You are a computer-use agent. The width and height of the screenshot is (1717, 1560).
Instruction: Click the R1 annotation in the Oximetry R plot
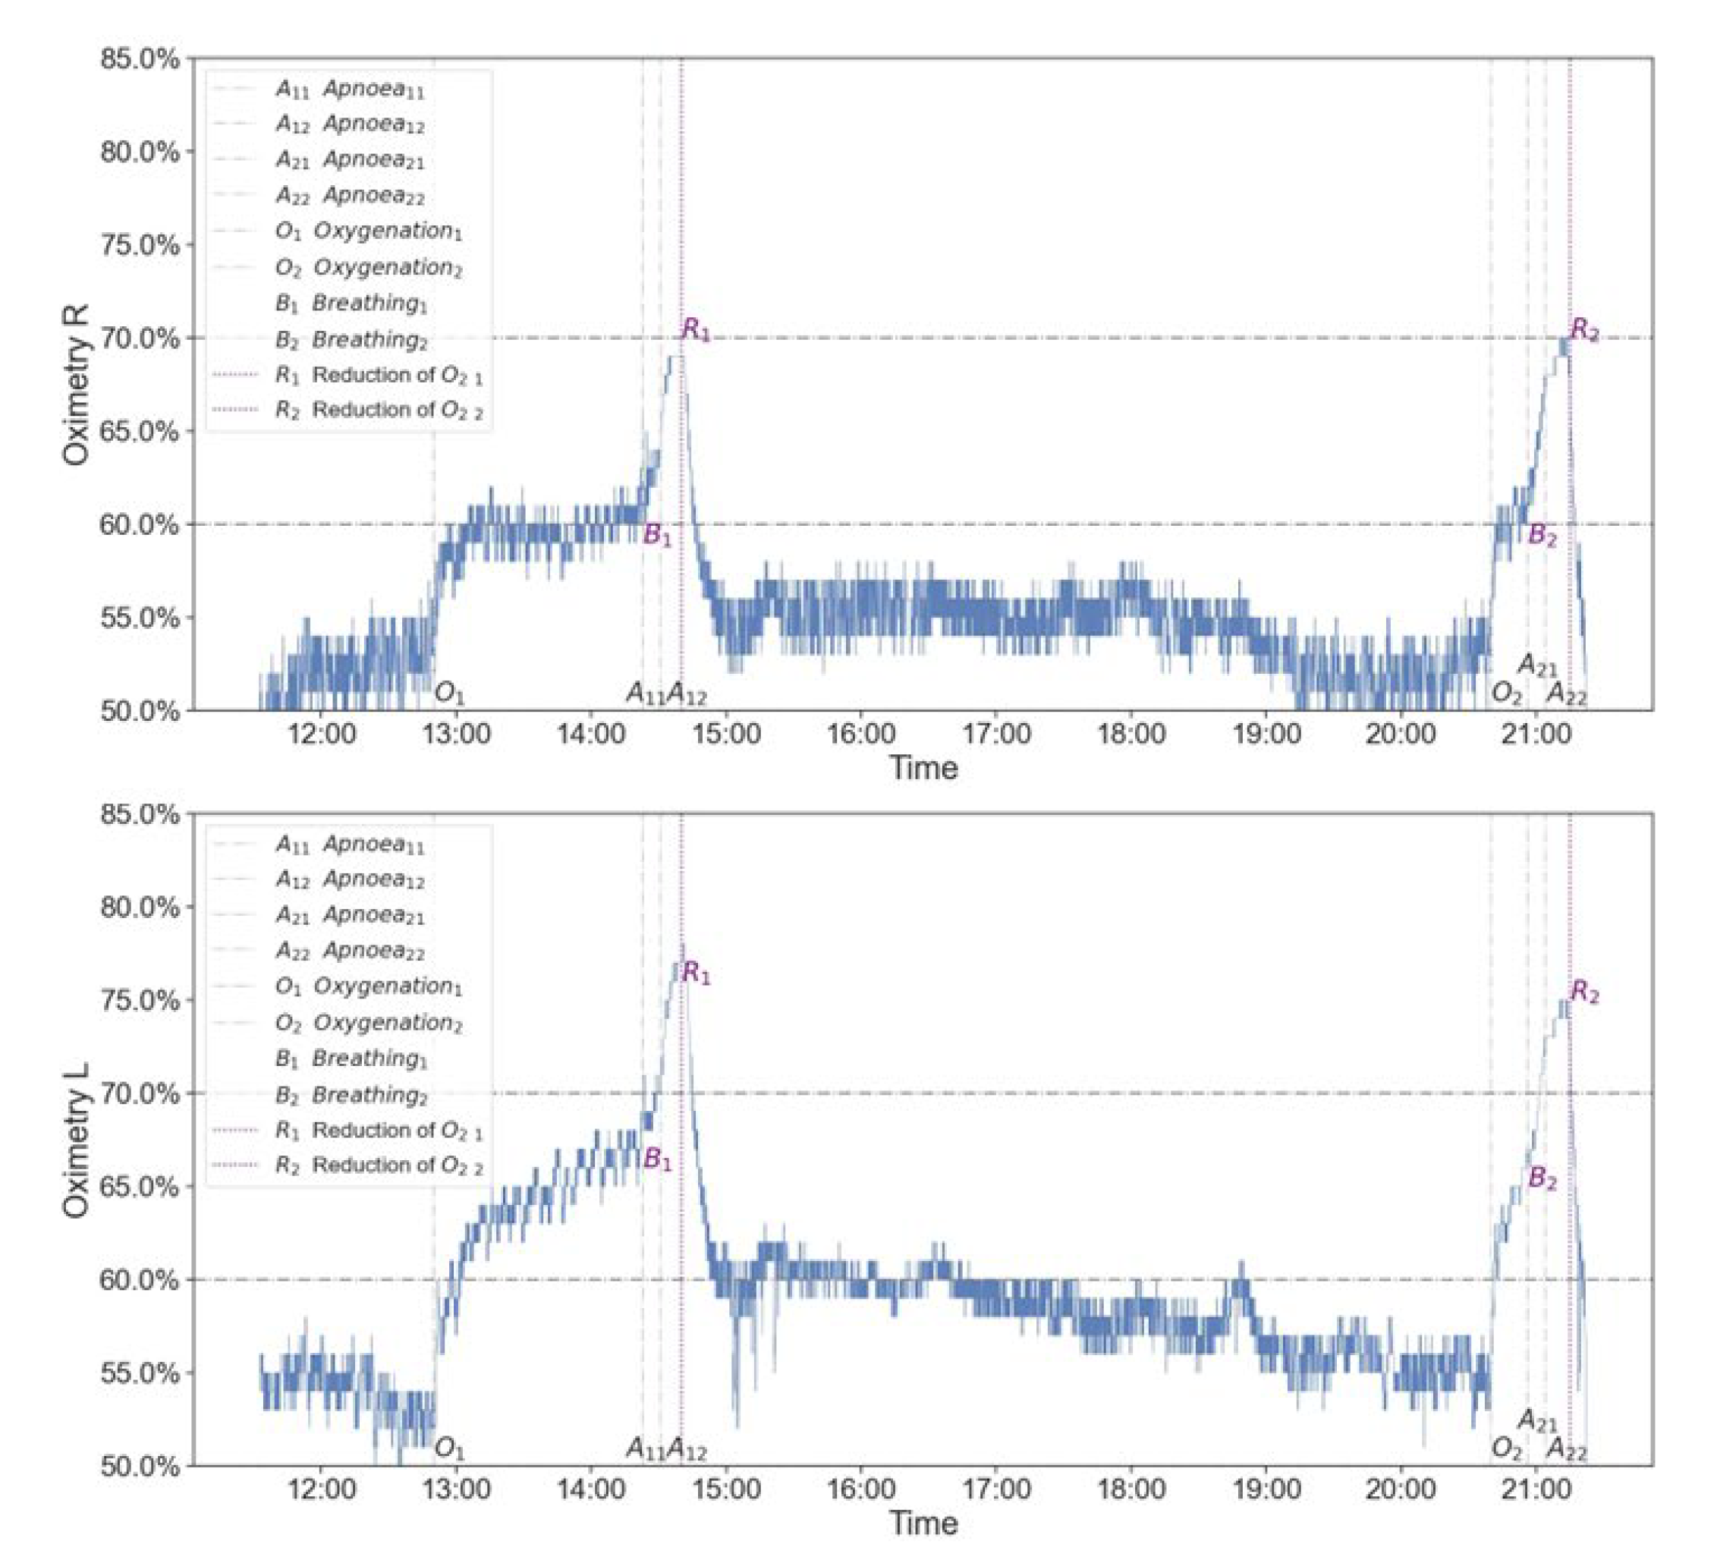[696, 329]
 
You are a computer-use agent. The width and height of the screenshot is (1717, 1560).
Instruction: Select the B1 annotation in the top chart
[656, 536]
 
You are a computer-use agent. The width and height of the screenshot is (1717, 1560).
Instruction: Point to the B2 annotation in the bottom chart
[1542, 1179]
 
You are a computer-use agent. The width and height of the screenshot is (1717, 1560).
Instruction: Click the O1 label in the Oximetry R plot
[450, 694]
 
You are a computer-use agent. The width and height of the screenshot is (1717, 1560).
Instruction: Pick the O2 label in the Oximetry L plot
[1506, 1448]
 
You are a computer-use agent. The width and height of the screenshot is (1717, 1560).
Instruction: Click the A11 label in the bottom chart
[645, 1448]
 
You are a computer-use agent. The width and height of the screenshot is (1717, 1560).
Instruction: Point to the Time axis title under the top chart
[923, 768]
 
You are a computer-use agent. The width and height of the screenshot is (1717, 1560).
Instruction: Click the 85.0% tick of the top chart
[140, 60]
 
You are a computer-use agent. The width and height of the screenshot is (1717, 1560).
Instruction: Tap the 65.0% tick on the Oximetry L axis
[140, 1186]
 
